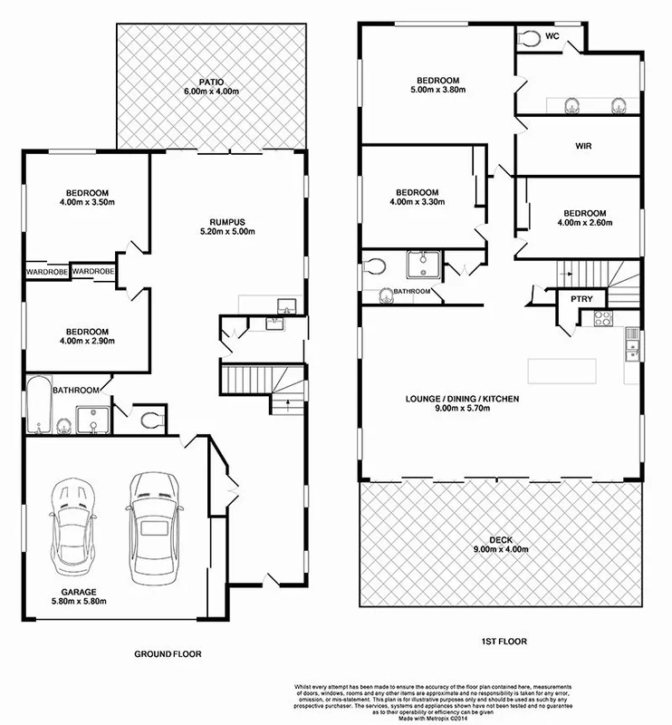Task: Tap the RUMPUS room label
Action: tap(227, 225)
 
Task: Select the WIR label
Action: tap(583, 146)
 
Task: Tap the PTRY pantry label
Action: tap(581, 298)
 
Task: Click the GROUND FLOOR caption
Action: tap(168, 652)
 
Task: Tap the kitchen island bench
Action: tap(563, 371)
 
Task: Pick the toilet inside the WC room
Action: tap(529, 38)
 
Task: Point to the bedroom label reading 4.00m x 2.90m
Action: tap(88, 336)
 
